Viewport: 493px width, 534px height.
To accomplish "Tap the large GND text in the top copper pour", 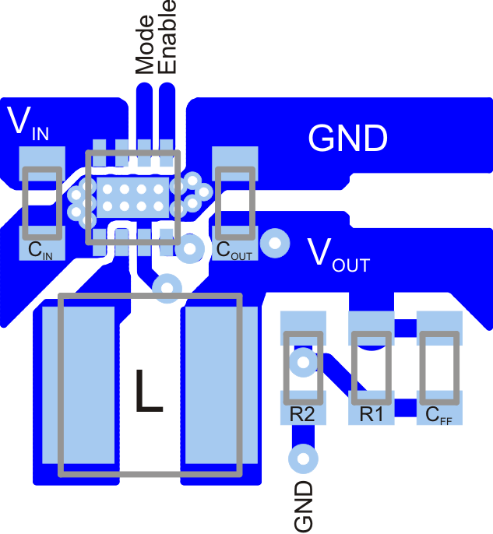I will click(347, 139).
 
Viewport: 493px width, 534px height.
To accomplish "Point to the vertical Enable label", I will click(167, 37).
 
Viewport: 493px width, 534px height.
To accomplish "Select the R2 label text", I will click(301, 415).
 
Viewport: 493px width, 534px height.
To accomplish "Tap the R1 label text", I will click(371, 415).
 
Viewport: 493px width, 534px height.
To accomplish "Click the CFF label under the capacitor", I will click(438, 415).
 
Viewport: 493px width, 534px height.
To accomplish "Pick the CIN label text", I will click(40, 251).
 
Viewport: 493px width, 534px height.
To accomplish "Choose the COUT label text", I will click(234, 251).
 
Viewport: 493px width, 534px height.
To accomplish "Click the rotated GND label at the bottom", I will click(303, 507).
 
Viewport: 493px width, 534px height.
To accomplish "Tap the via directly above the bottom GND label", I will click(302, 458).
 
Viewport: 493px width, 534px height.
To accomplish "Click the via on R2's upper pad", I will click(302, 361).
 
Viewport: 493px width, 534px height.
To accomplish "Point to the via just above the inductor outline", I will click(166, 287).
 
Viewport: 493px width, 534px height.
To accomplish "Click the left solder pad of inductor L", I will click(86, 385).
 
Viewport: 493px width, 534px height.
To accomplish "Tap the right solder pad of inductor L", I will click(212, 385).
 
